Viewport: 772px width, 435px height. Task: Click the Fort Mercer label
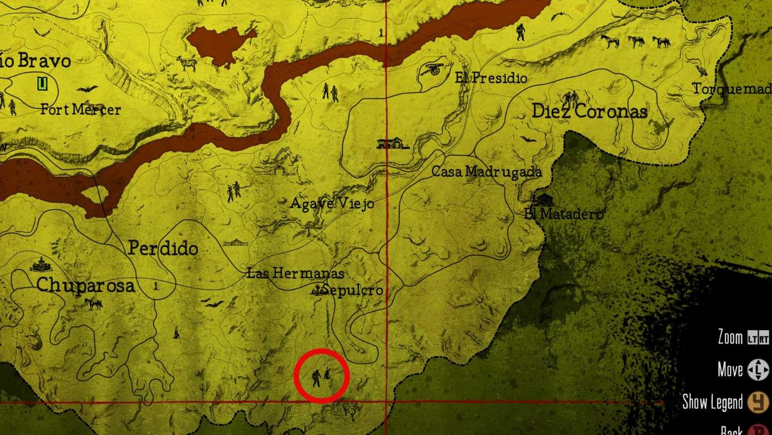click(80, 109)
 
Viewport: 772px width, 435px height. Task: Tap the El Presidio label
click(491, 78)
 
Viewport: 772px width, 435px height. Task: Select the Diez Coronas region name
click(589, 111)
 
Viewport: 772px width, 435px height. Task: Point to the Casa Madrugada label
click(486, 172)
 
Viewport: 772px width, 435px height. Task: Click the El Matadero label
click(564, 213)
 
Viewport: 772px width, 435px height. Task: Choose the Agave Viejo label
click(332, 204)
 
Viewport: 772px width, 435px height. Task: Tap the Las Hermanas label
click(295, 273)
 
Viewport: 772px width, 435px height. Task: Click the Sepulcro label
click(353, 290)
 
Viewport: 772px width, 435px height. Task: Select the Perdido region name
click(163, 248)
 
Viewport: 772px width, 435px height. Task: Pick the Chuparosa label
click(85, 285)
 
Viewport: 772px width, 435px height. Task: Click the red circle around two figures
click(322, 376)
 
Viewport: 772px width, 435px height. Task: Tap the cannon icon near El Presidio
click(433, 70)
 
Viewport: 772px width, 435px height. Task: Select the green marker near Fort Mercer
click(42, 83)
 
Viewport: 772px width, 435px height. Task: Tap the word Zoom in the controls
click(730, 338)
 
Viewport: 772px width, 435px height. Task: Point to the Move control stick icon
click(758, 370)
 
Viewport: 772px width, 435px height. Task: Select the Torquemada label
click(731, 89)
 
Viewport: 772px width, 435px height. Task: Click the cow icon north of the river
click(187, 63)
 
